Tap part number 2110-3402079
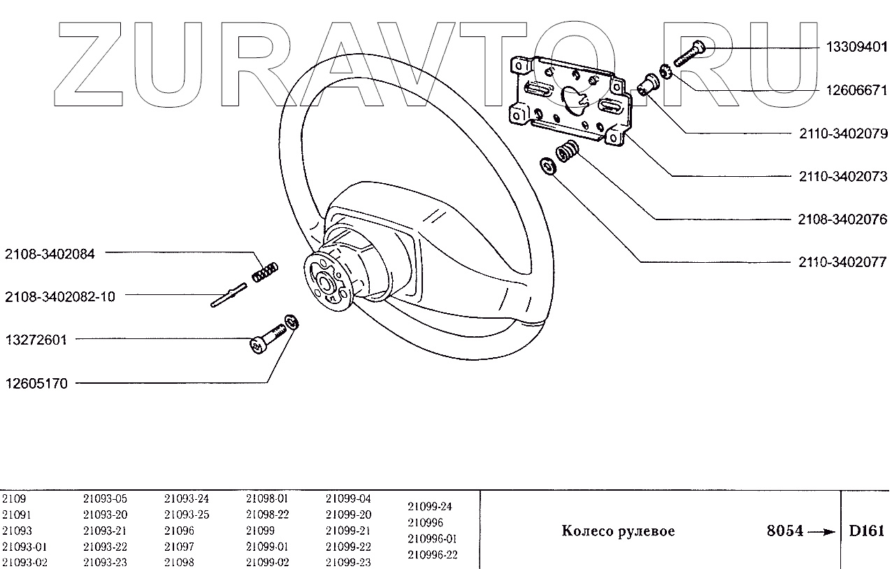click(842, 133)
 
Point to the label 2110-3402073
click(842, 176)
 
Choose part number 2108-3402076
click(842, 219)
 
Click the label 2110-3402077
click(842, 263)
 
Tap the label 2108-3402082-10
click(60, 296)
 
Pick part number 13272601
click(36, 340)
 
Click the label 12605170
click(36, 384)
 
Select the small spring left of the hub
click(266, 271)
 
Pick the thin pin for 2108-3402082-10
click(228, 296)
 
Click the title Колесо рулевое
click(618, 531)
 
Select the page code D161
click(866, 531)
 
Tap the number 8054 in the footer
click(785, 531)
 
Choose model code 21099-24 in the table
click(430, 506)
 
